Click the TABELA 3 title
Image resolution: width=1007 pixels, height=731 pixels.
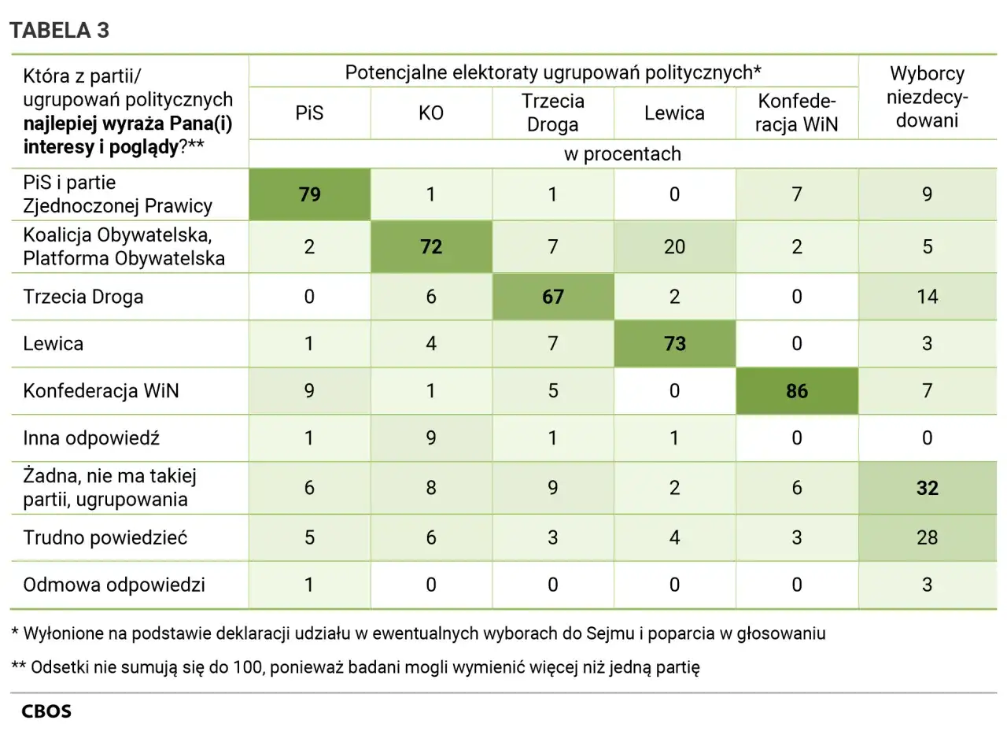pyautogui.click(x=59, y=31)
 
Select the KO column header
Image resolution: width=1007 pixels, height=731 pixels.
pyautogui.click(x=431, y=113)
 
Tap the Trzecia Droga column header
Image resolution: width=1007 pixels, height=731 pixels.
pyautogui.click(x=553, y=113)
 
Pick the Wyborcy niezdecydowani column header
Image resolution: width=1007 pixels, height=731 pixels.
pyautogui.click(x=927, y=97)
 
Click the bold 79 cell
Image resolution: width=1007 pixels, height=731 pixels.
pyautogui.click(x=310, y=194)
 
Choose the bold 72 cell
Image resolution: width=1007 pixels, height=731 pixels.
pyautogui.click(x=431, y=247)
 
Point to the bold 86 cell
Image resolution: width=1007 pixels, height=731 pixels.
pyautogui.click(x=797, y=391)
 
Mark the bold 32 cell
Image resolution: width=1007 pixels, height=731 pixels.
pyautogui.click(x=927, y=489)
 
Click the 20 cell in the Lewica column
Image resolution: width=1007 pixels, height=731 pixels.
pyautogui.click(x=674, y=247)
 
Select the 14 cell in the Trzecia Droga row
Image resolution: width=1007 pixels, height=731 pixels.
pyautogui.click(x=927, y=297)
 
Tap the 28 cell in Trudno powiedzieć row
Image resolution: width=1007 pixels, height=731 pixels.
pyautogui.click(x=927, y=537)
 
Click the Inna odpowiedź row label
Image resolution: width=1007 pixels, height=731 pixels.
pyautogui.click(x=91, y=437)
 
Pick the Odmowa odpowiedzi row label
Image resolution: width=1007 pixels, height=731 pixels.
pyautogui.click(x=114, y=585)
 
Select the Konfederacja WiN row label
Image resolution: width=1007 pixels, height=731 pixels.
pyautogui.click(x=101, y=391)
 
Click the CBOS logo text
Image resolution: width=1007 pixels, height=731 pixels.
pyautogui.click(x=46, y=712)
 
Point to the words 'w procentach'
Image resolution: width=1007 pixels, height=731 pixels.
pyautogui.click(x=622, y=154)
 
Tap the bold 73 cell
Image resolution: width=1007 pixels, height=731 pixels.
pyautogui.click(x=674, y=344)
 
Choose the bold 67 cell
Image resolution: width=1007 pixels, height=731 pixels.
pyautogui.click(x=553, y=297)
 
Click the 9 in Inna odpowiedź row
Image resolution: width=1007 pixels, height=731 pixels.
pyautogui.click(x=431, y=437)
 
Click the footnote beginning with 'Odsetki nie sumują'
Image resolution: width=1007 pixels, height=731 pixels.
pyautogui.click(x=356, y=667)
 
